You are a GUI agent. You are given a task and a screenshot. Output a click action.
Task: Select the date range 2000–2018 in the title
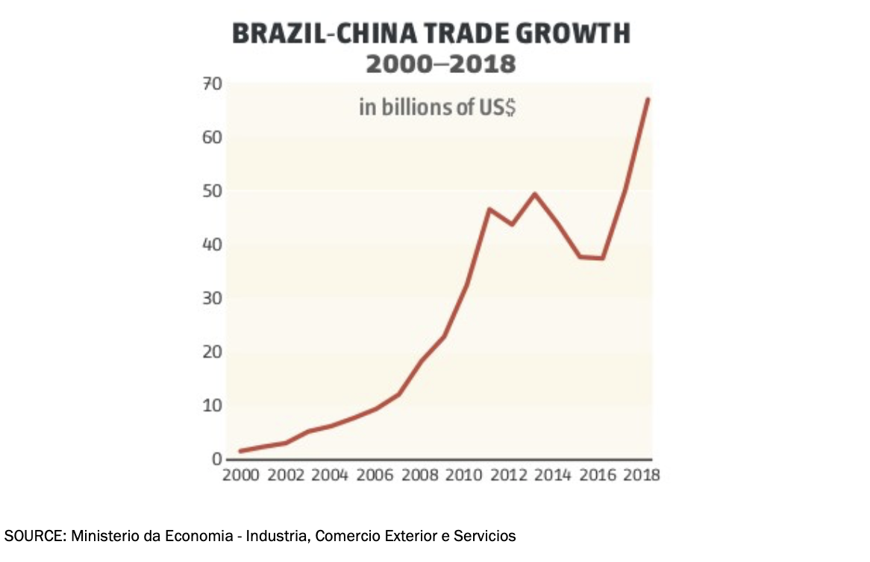point(440,64)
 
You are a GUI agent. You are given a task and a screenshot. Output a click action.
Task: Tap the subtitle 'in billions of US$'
point(438,107)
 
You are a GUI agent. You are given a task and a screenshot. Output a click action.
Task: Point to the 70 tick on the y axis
point(211,84)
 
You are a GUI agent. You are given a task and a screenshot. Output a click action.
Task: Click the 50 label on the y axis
point(211,192)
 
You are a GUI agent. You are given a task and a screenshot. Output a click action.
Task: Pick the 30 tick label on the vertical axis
point(211,299)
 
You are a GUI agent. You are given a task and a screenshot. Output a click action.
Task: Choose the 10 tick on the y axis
point(211,406)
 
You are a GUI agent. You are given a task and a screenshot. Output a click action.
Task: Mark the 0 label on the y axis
point(216,460)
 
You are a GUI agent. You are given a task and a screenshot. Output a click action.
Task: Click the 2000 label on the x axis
point(241,476)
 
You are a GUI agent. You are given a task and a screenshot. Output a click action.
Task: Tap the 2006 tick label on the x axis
point(376,476)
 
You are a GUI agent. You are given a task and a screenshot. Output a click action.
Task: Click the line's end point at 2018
point(648,99)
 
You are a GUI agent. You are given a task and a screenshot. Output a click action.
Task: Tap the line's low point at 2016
point(602,259)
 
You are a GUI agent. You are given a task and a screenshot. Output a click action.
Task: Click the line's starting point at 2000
point(241,451)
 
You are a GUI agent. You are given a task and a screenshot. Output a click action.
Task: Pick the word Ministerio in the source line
point(105,536)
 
